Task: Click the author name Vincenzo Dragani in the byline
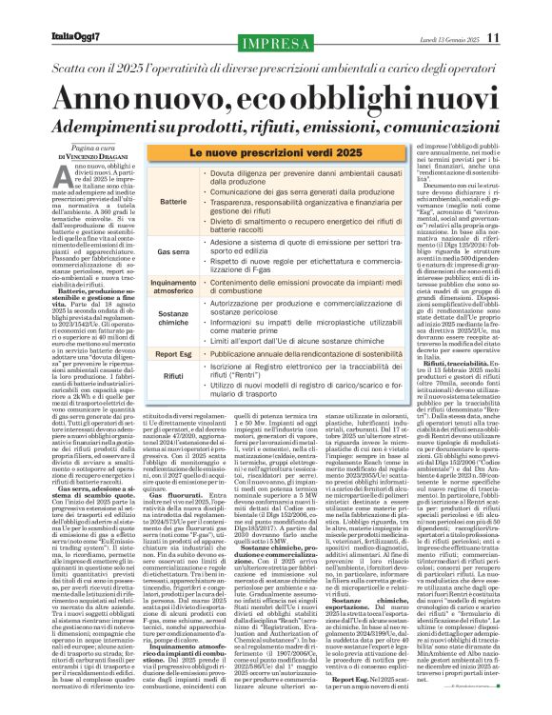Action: coord(85,154)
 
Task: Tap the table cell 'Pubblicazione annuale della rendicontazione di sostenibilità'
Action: coord(305,353)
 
